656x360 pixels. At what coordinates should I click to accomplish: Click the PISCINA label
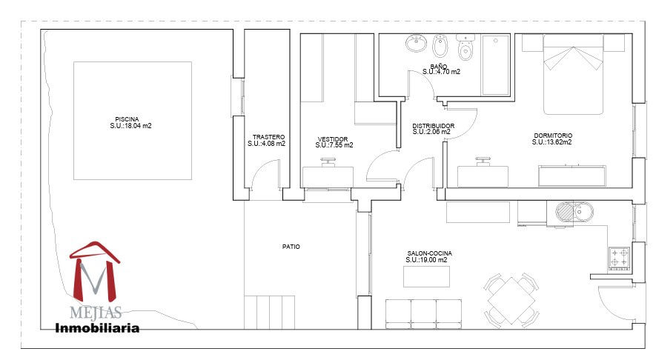click(127, 119)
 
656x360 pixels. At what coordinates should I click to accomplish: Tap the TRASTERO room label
click(268, 137)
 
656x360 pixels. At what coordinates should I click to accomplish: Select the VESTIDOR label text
click(333, 139)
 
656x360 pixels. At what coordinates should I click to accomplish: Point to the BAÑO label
click(439, 67)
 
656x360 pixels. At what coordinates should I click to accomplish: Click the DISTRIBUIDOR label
click(434, 126)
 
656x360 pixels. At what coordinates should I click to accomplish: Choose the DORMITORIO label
click(553, 136)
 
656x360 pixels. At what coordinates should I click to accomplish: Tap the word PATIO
click(291, 247)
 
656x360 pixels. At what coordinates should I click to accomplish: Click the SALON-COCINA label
click(430, 253)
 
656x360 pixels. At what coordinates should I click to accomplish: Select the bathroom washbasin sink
click(416, 43)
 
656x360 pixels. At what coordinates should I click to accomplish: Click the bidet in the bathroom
click(440, 46)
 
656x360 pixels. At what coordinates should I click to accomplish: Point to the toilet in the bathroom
click(465, 47)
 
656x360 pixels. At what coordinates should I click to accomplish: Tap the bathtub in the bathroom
click(495, 64)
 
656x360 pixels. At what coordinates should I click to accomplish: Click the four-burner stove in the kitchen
click(619, 258)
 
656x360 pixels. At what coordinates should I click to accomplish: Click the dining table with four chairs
click(511, 300)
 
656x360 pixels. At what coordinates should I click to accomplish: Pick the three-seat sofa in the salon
click(423, 314)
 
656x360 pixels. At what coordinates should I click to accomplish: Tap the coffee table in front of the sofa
click(426, 276)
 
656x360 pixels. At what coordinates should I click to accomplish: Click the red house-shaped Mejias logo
click(95, 271)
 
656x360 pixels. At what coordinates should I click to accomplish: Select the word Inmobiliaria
click(97, 328)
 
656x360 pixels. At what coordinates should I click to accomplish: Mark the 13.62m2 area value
click(560, 142)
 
